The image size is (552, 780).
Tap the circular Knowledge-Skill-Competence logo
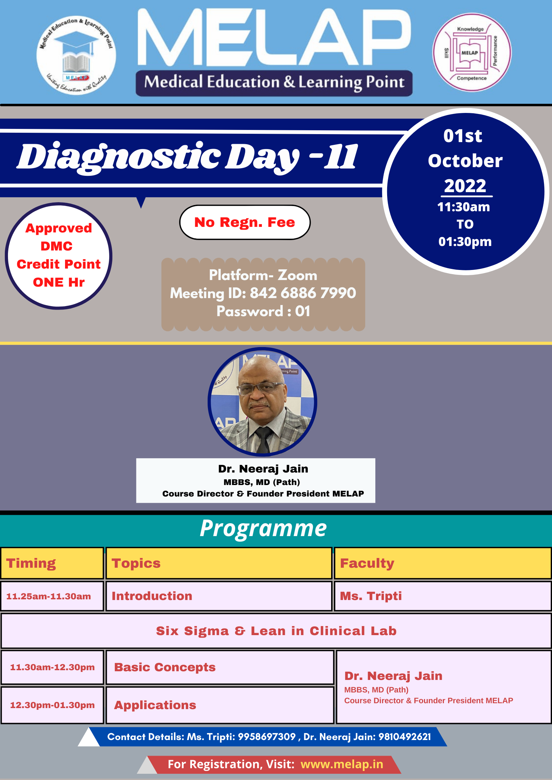click(x=472, y=53)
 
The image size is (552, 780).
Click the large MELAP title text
click(x=274, y=37)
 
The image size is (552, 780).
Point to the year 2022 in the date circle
click(x=465, y=186)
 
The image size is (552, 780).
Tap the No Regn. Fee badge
click(x=245, y=222)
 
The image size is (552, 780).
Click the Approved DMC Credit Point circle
click(x=59, y=256)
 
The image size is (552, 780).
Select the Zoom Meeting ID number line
click(x=263, y=293)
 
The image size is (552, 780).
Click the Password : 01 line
click(x=263, y=311)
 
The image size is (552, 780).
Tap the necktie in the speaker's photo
click(x=263, y=439)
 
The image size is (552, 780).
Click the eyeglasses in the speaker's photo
click(x=261, y=387)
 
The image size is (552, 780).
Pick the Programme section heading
click(x=263, y=528)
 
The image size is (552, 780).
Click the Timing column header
click(x=52, y=563)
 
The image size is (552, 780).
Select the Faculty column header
click(x=443, y=563)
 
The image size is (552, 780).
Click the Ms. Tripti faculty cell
click(x=443, y=596)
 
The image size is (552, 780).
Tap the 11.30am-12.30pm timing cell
click(x=52, y=667)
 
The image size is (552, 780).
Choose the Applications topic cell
click(x=220, y=705)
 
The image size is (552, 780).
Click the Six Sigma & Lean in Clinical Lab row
click(x=276, y=631)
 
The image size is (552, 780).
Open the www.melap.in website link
click(x=342, y=764)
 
